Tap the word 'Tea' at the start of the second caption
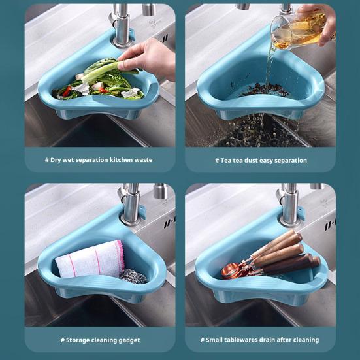coord(225,160)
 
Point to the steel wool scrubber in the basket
coord(134,276)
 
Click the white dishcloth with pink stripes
coord(90,259)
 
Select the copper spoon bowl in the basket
coord(230,271)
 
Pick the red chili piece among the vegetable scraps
coord(67,91)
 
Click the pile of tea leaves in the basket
coord(264,90)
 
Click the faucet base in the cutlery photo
coord(289,221)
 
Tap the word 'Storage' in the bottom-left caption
coord(76,340)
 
